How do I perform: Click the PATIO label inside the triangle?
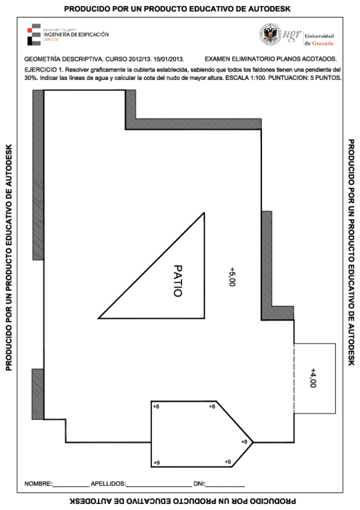[x=177, y=281]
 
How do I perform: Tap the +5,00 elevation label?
[x=232, y=277]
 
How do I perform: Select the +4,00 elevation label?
[x=313, y=378]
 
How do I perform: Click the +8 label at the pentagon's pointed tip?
[x=244, y=442]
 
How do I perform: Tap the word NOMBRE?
[x=38, y=484]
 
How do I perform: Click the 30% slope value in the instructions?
[x=31, y=78]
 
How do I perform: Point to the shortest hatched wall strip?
[x=37, y=395]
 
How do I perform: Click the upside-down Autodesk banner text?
[x=180, y=500]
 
